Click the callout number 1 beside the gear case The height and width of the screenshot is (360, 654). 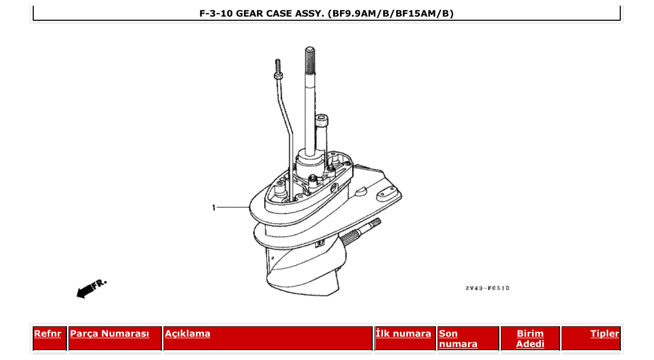(x=213, y=207)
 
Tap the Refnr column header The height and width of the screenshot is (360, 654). (x=47, y=334)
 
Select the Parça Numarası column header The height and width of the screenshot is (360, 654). (x=109, y=334)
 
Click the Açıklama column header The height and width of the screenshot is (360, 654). (x=187, y=334)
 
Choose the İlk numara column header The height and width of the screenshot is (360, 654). (x=403, y=334)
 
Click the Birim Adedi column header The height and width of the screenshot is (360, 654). (x=530, y=338)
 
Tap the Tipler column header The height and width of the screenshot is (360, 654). (x=604, y=334)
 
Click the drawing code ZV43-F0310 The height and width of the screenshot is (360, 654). (x=487, y=288)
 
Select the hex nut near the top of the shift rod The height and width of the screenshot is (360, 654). (x=278, y=76)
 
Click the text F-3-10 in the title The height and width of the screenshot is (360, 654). (x=216, y=13)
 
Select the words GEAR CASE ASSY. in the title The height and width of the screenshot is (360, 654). (x=280, y=13)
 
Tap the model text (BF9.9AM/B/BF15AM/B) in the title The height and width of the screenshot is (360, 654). (x=390, y=13)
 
